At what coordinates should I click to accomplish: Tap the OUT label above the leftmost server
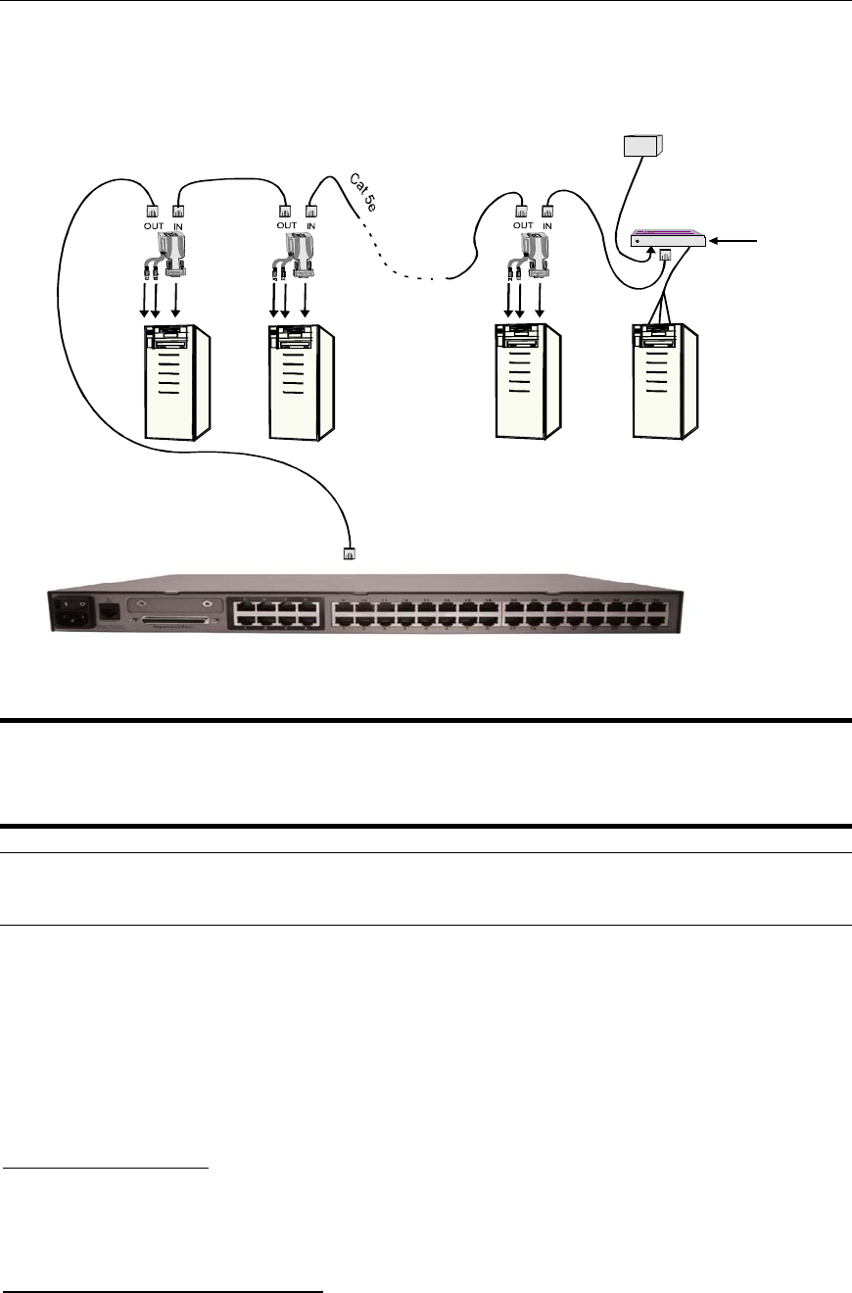point(152,224)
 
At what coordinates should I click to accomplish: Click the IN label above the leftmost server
point(178,224)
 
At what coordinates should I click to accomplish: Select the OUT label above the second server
point(286,224)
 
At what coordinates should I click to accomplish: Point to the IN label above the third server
point(547,224)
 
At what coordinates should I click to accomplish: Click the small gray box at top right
point(642,146)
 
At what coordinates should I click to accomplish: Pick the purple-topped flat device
point(669,238)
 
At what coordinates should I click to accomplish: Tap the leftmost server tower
point(177,382)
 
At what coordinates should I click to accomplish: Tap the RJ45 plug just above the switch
point(348,552)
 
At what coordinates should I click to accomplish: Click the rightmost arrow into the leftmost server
point(176,300)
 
